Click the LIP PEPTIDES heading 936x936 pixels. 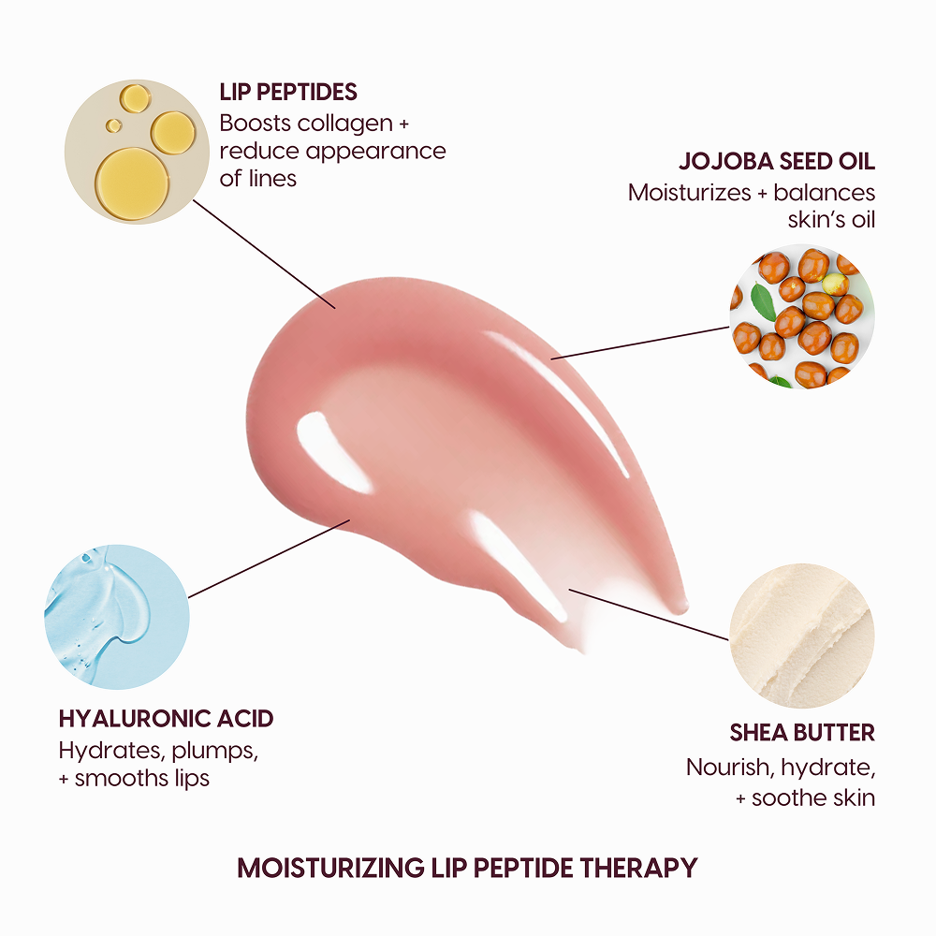coord(288,92)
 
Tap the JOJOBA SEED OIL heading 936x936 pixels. coord(777,161)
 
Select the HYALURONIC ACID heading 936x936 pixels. coord(166,719)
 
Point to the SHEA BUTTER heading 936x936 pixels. coord(802,732)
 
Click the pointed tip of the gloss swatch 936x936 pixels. coord(681,605)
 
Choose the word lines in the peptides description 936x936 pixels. coord(271,178)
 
